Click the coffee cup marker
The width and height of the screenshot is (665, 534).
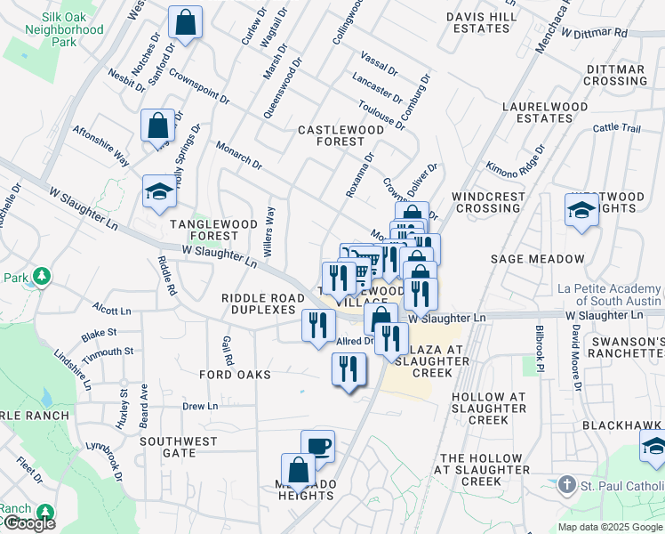coord(317,446)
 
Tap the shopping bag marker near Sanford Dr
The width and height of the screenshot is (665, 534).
coord(185,24)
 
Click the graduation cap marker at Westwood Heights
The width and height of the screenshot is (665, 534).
coord(581,211)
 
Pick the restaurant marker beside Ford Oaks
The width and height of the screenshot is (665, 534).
coord(349,369)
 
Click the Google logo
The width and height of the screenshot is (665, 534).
coord(28,523)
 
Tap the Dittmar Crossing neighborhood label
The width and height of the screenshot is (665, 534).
coord(615,75)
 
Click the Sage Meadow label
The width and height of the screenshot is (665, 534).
coord(538,259)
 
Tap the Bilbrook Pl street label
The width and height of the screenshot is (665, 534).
coord(540,343)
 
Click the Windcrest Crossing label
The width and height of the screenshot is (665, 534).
coord(486,202)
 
